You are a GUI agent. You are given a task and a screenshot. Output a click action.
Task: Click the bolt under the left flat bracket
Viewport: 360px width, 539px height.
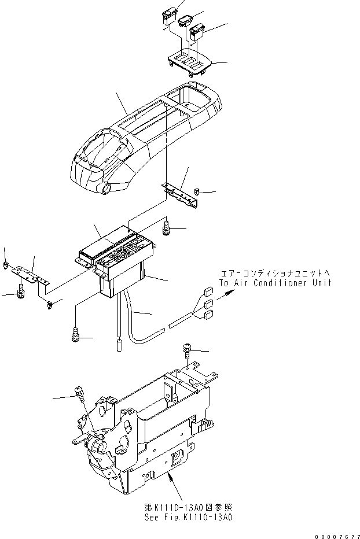tap(21, 291)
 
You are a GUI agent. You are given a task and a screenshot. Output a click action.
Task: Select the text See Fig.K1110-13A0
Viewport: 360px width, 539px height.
tap(189, 516)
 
